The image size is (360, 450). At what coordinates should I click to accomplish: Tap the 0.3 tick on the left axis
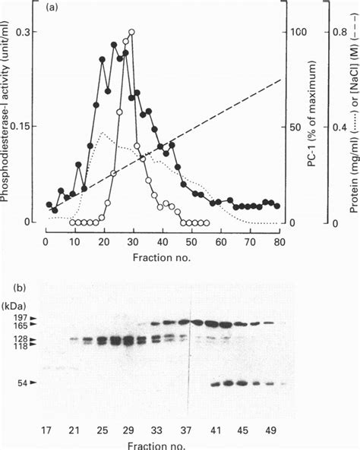(26, 33)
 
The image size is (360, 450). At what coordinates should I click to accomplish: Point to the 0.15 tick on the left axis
(23, 127)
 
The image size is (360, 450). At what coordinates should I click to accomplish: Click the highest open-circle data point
(132, 33)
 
